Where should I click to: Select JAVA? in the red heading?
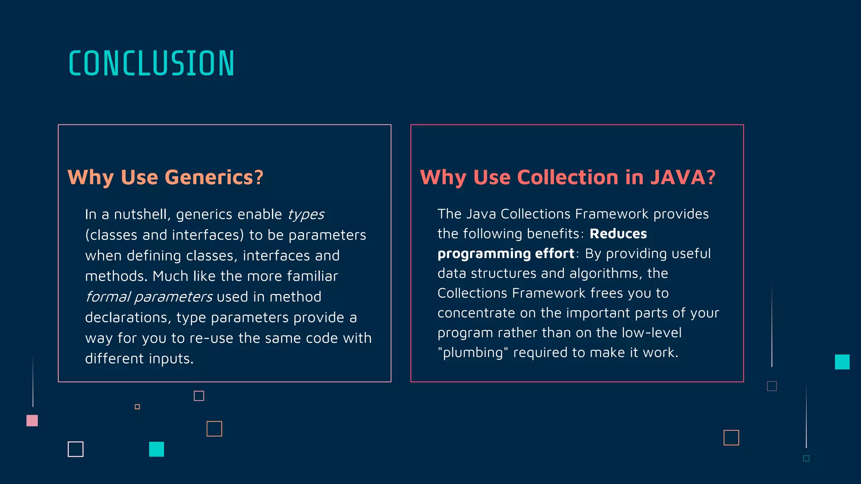[683, 177]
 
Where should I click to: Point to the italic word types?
[306, 215]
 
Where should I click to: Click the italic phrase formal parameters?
[149, 297]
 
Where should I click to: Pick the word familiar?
[312, 276]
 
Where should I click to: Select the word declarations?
[127, 318]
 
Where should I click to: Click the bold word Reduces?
[618, 234]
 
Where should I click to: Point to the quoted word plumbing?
[473, 353]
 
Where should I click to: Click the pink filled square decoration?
[32, 421]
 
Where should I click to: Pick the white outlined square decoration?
[76, 449]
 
